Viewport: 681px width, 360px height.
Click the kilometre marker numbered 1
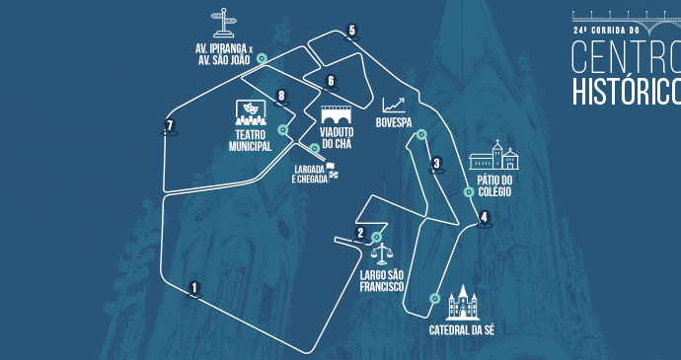click(194, 288)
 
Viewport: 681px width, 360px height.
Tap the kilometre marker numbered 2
click(360, 234)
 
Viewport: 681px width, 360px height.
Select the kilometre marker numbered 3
click(436, 164)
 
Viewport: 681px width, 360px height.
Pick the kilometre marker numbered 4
click(484, 218)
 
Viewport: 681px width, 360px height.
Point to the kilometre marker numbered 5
click(351, 31)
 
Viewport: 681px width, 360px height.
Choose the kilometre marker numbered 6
click(331, 81)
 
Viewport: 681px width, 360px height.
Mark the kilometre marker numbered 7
click(170, 126)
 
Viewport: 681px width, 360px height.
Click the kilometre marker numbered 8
click(282, 97)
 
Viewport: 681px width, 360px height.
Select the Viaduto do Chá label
click(337, 138)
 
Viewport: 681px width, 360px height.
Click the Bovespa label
click(394, 123)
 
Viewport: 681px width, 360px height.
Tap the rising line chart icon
click(394, 105)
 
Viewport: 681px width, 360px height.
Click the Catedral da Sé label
click(461, 329)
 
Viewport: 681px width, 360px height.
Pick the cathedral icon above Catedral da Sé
click(462, 302)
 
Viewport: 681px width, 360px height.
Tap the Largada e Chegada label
click(309, 175)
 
